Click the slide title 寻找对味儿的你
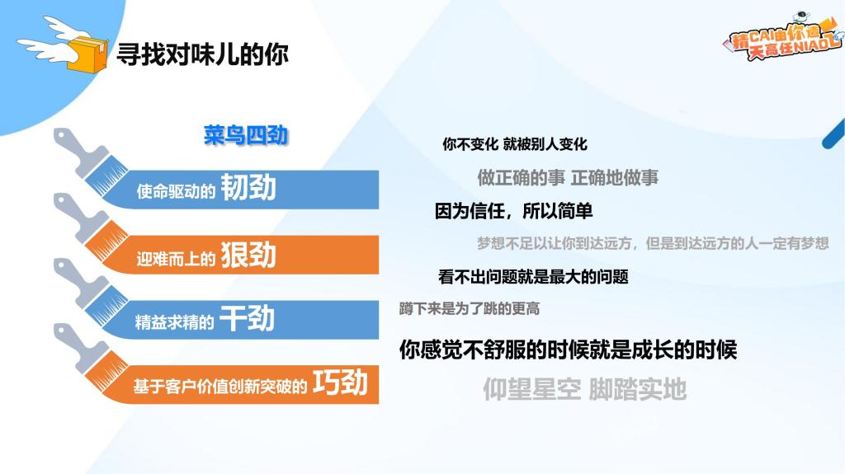tap(203, 54)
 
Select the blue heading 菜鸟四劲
tap(246, 134)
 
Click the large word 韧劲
tap(248, 187)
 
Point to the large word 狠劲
tap(248, 254)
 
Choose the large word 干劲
tap(248, 318)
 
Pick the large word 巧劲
tap(341, 382)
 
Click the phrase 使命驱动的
tap(176, 191)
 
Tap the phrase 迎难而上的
tap(176, 259)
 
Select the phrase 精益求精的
tap(174, 322)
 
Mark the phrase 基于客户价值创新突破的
tap(220, 386)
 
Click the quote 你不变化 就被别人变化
tap(515, 143)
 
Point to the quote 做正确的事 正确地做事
tap(568, 177)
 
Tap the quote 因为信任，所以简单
tap(513, 210)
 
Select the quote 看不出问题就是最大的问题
tap(534, 277)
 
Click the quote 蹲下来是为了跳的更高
tap(470, 308)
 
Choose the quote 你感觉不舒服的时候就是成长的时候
tap(568, 350)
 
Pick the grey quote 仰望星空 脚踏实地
tap(585, 389)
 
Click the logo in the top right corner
tap(783, 35)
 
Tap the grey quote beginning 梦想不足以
tap(653, 243)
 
